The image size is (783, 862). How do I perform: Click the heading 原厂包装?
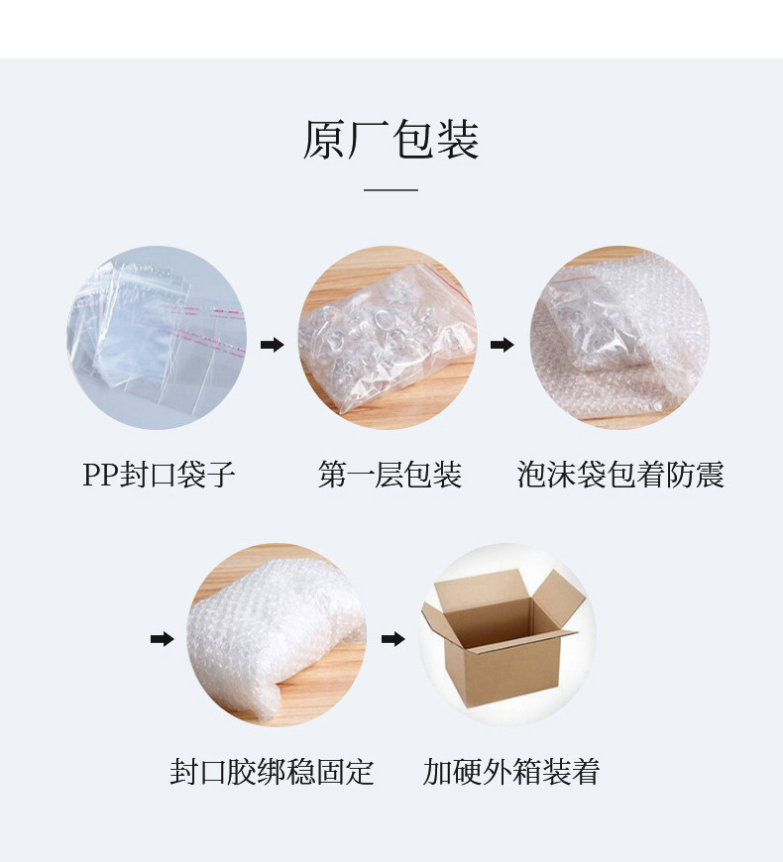[x=391, y=140]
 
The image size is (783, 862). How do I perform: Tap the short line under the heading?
[x=391, y=189]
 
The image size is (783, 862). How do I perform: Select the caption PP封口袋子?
[x=159, y=475]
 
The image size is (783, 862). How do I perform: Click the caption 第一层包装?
[x=390, y=475]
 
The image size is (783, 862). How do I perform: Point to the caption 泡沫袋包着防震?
[x=620, y=475]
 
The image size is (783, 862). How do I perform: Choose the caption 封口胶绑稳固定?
[x=272, y=771]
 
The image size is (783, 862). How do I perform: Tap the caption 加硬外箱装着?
[x=511, y=771]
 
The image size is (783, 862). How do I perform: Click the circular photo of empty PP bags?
[x=157, y=338]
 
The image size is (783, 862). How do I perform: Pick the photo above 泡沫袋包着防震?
[x=618, y=338]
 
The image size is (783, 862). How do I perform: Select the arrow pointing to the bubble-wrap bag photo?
[x=503, y=345]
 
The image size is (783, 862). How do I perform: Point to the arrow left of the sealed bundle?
[x=162, y=639]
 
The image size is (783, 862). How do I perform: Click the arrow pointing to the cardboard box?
[x=393, y=639]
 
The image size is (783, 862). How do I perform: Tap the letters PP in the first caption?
[x=100, y=475]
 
